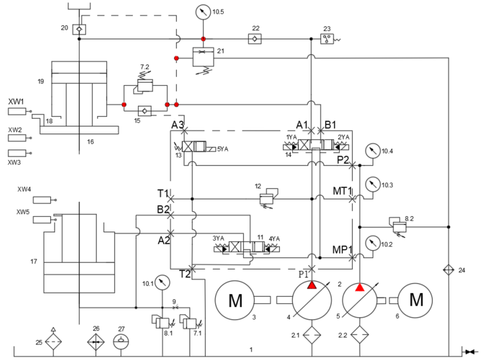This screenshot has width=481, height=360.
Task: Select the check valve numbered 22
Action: click(x=255, y=39)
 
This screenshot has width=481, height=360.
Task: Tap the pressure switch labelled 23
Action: click(x=328, y=39)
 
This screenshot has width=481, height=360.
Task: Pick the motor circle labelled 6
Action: click(x=417, y=300)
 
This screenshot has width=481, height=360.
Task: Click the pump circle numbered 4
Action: click(x=312, y=300)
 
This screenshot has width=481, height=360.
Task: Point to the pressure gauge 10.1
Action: click(x=162, y=282)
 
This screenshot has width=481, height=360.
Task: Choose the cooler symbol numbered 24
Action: click(x=449, y=270)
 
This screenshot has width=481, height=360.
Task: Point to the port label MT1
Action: click(x=341, y=192)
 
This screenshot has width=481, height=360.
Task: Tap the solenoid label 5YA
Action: click(x=222, y=149)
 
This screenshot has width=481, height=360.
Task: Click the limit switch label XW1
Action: click(x=16, y=102)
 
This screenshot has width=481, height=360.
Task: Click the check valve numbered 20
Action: click(x=79, y=29)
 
